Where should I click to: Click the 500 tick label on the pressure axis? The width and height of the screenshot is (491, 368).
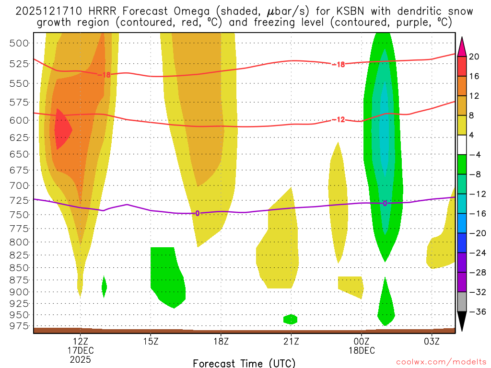[x=20, y=43]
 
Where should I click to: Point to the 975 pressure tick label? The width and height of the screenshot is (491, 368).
[x=20, y=326]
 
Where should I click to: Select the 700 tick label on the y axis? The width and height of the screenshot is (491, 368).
[x=20, y=185]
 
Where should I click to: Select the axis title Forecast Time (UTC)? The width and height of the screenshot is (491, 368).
[x=244, y=363]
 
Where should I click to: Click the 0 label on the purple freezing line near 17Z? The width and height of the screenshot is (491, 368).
[x=197, y=213]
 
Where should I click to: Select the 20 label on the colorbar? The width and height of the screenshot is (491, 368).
[x=474, y=57]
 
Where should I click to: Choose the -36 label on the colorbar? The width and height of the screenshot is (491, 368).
[x=474, y=311]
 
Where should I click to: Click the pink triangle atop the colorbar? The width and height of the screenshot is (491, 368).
[x=462, y=46]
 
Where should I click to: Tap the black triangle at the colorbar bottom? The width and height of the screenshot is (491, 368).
[x=462, y=321]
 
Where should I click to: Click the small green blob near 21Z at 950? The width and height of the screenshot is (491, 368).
[x=290, y=319]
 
